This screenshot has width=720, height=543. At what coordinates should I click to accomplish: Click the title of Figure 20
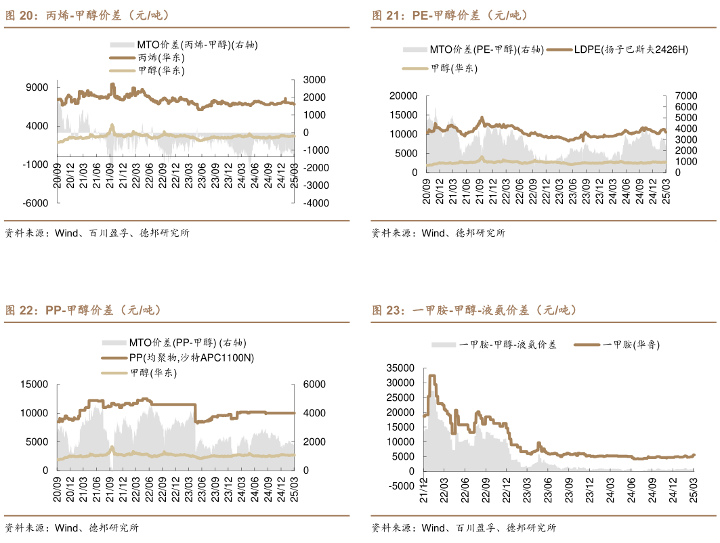(x=87, y=15)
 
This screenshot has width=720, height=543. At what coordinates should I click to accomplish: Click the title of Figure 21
(x=450, y=15)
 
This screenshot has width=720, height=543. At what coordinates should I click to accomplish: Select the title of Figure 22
(x=83, y=310)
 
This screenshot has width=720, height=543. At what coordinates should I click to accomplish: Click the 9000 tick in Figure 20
(x=37, y=87)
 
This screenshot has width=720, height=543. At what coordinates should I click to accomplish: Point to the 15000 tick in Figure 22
(x=35, y=385)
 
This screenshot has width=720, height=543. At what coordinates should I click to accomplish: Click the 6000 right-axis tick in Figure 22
(x=308, y=385)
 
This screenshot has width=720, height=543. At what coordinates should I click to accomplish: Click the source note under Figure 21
(x=438, y=233)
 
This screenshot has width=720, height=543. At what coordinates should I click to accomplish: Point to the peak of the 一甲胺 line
(x=431, y=375)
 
